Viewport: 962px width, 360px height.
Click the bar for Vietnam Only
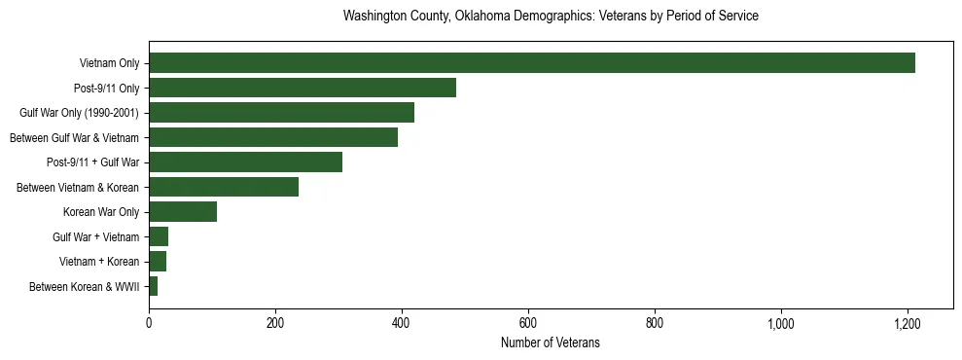click(531, 63)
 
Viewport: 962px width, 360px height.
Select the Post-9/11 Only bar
click(302, 88)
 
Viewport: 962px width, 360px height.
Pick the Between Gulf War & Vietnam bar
click(272, 137)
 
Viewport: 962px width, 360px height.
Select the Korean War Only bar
click(183, 212)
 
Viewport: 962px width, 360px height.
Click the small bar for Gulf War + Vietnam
click(159, 236)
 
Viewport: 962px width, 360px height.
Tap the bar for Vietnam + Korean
click(158, 261)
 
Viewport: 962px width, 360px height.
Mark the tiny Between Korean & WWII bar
click(153, 286)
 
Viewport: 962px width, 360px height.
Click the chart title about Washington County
click(551, 17)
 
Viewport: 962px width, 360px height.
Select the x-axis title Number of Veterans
click(551, 343)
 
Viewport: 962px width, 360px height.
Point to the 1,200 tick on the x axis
click(908, 324)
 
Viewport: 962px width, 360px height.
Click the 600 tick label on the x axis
click(528, 324)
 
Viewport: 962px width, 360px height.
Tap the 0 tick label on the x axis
click(149, 324)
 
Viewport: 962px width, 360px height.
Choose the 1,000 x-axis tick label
click(781, 324)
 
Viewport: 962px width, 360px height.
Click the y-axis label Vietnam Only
click(109, 64)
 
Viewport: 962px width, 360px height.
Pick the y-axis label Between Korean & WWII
click(85, 287)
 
